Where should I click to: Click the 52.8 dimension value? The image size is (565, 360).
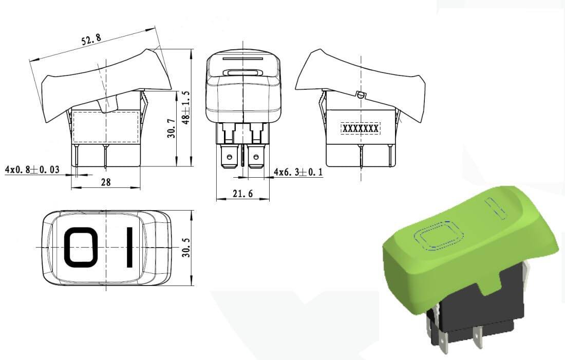[x=91, y=39]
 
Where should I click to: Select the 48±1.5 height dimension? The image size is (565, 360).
[x=186, y=107]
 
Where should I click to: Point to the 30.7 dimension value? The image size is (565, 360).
[x=171, y=129]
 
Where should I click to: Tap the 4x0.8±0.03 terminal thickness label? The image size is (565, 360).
[x=32, y=169]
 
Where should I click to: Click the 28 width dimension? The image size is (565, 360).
[x=106, y=182]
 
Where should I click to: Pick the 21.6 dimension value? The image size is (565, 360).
[x=242, y=194]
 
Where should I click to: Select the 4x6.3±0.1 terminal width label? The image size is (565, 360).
[x=298, y=172]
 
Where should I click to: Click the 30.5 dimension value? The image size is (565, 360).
[x=186, y=248]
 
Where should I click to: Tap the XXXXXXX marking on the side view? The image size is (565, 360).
[x=361, y=129]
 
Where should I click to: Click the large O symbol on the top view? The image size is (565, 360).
[x=81, y=248]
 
